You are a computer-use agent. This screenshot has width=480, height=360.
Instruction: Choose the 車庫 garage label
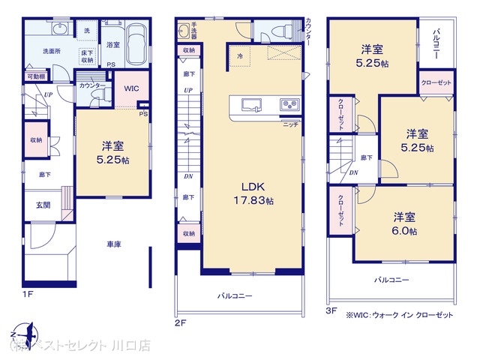click(x=114, y=244)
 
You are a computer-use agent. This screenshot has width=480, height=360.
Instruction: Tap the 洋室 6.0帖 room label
click(x=404, y=223)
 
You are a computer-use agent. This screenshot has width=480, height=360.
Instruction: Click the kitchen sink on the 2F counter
click(x=250, y=104)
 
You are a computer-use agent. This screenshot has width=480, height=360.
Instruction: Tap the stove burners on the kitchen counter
click(x=288, y=104)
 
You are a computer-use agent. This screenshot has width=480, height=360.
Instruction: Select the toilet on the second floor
click(x=280, y=32)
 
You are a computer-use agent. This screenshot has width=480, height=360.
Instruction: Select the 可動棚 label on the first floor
click(x=35, y=76)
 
